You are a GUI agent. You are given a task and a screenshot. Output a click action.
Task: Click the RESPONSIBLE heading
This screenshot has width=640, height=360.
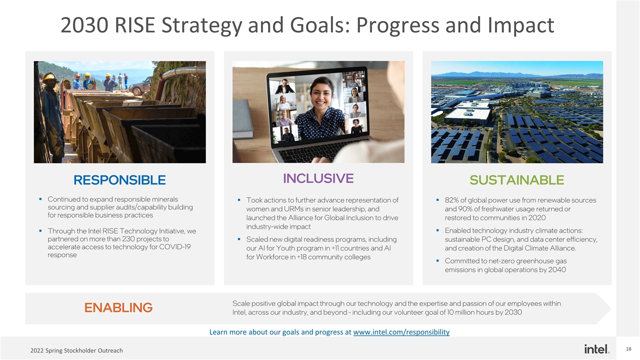coord(119,180)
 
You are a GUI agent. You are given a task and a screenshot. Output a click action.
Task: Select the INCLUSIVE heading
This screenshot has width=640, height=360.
coord(318,178)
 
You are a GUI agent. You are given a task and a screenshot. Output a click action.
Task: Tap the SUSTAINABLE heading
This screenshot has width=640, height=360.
coord(517,180)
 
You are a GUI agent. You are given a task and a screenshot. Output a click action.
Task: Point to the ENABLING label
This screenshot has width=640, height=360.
coord(118,307)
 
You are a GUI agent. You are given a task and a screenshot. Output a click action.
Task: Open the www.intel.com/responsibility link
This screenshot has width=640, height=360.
coord(401,332)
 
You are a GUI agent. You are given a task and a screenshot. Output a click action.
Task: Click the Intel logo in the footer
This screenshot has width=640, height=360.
coord(596,348)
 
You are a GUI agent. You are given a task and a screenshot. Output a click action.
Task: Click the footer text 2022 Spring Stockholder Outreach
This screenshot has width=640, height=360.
coord(76,350)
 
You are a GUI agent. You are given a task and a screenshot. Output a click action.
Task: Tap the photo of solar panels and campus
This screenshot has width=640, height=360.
coord(517,112)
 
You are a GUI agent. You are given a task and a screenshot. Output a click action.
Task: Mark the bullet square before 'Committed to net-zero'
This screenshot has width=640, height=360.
coord(438,261)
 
